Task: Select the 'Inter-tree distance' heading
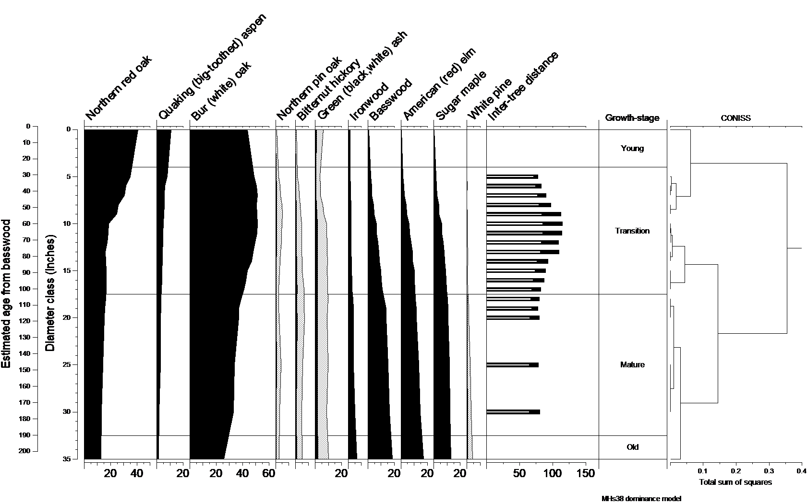[523, 86]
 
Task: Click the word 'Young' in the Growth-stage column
[632, 148]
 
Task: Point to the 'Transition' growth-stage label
[632, 231]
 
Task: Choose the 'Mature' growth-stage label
[632, 364]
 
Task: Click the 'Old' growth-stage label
[632, 447]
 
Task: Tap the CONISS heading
[735, 118]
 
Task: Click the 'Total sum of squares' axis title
[735, 482]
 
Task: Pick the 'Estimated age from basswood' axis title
[6, 293]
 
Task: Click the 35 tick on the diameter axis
[66, 459]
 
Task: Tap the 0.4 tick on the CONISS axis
[801, 471]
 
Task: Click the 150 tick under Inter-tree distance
[585, 474]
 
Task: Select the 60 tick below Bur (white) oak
[268, 474]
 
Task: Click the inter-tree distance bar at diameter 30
[513, 412]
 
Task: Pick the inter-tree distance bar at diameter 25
[512, 365]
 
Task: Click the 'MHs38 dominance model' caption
[641, 498]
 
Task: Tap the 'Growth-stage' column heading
[632, 118]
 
